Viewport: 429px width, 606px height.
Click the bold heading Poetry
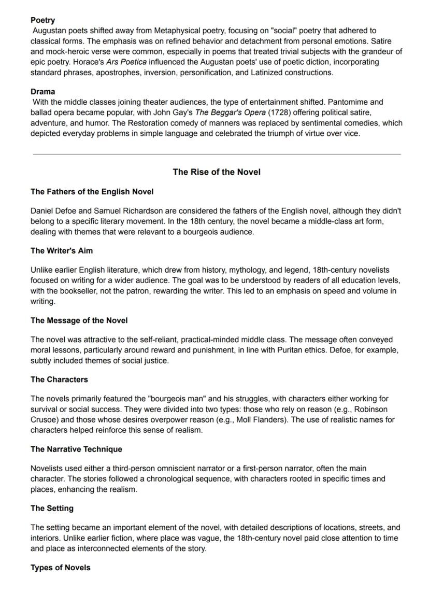42,20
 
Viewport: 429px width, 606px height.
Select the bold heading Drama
42,92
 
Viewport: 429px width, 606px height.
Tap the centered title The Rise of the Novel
217,172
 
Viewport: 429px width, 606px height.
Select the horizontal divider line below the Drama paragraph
217,154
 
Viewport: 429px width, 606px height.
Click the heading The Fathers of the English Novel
92,192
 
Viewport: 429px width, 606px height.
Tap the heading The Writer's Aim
62,251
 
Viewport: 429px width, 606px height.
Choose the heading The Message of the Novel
79,320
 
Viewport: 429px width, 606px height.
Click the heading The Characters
59,379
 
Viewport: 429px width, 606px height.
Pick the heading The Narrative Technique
76,449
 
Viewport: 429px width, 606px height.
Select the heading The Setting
52,508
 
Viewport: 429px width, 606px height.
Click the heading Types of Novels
60,568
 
